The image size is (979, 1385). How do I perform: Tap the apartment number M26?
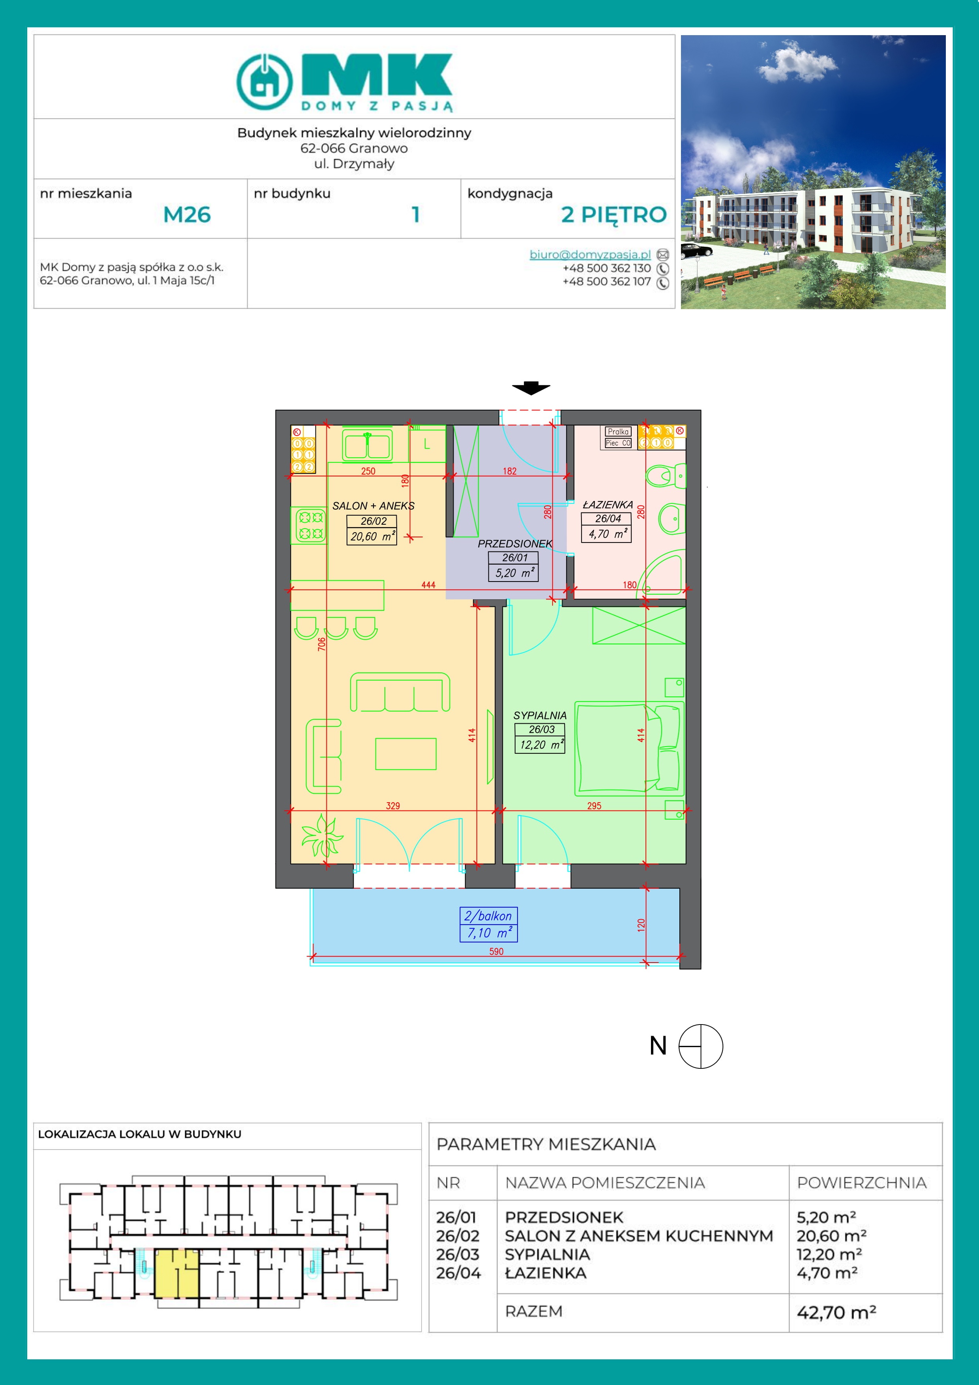coord(187,215)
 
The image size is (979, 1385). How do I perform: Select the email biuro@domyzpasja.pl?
coord(590,255)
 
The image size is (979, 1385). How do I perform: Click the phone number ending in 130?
coord(607,268)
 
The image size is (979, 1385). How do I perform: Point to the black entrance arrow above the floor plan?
coord(531,388)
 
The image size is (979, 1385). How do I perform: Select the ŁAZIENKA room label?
coord(608,504)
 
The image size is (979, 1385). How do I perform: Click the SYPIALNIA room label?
coord(540,715)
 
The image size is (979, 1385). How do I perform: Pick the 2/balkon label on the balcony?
coord(488,916)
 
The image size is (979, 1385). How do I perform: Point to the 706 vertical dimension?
coord(321,644)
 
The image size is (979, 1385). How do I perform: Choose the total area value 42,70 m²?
coord(836,1312)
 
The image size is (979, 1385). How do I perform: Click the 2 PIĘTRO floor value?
coord(613,215)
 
